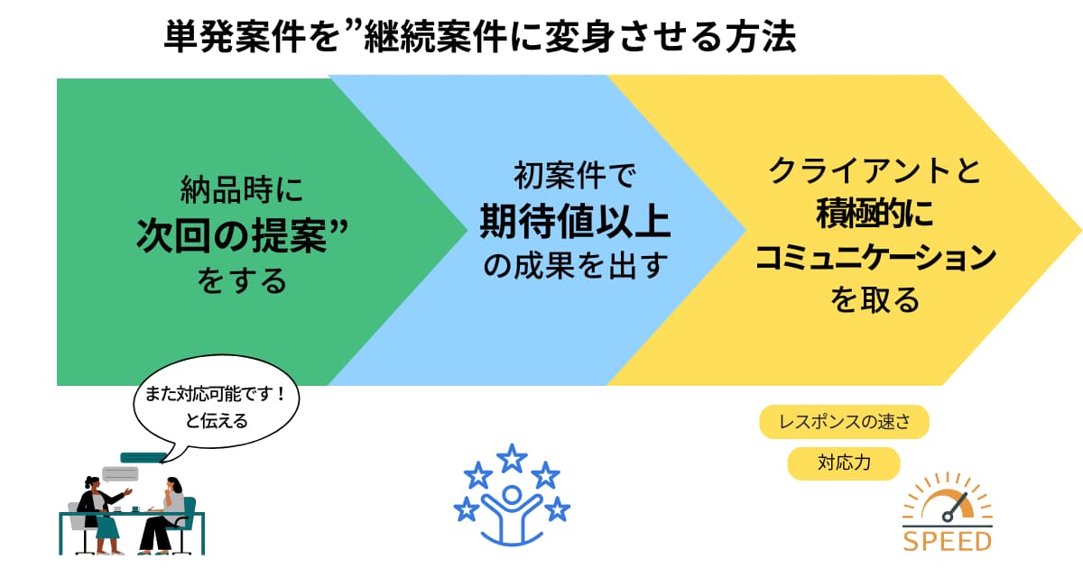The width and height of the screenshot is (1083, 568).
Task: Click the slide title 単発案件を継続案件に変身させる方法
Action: point(480,37)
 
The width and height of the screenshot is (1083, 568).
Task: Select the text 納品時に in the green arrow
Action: point(242,190)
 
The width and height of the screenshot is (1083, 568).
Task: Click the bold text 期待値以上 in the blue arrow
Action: point(575,221)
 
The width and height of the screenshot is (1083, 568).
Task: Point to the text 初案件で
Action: point(575,175)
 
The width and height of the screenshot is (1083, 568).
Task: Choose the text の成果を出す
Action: point(576,265)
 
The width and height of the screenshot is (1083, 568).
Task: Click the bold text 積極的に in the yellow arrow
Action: point(875,214)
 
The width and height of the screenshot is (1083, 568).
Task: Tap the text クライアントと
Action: point(875,170)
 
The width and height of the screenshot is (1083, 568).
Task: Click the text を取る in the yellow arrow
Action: point(875,300)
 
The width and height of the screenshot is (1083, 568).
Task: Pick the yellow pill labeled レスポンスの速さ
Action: point(844,422)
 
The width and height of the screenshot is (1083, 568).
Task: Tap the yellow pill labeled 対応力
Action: point(844,463)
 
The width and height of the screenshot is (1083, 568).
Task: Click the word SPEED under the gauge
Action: point(947,542)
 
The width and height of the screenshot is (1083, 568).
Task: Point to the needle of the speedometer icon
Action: point(956,507)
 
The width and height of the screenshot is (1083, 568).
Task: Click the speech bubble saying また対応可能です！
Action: point(216,406)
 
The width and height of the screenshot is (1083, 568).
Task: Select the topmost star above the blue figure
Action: point(512,458)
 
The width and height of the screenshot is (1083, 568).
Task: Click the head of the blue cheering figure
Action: point(512,496)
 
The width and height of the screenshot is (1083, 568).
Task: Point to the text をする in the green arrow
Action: point(242,281)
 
